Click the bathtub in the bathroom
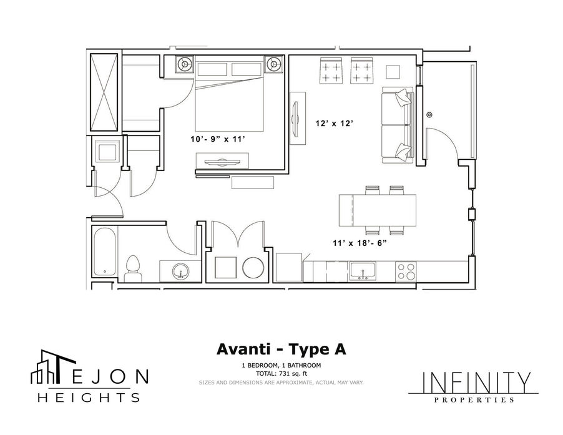click(104, 252)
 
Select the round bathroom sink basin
click(180, 271)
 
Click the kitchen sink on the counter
click(363, 271)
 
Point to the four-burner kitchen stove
click(406, 271)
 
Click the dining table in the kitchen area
click(378, 210)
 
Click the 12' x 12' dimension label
click(335, 124)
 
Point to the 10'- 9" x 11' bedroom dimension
click(218, 139)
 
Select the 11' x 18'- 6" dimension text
click(359, 243)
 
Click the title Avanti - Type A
click(281, 349)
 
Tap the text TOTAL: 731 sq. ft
click(281, 374)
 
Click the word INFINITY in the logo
click(476, 383)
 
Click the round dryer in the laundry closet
click(253, 268)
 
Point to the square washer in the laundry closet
click(225, 267)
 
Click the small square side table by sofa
click(393, 72)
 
